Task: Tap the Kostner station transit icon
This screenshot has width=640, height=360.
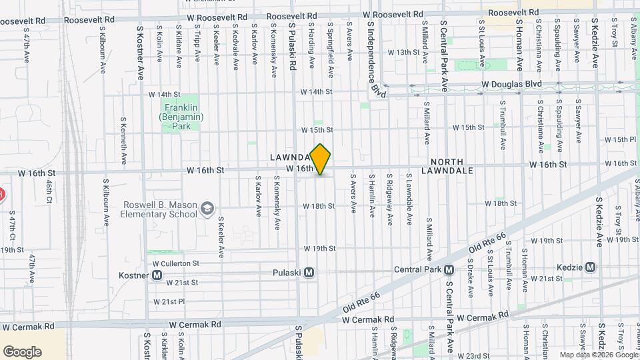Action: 157,275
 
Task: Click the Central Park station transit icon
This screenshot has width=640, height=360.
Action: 449,270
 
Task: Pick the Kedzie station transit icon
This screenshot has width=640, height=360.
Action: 589,267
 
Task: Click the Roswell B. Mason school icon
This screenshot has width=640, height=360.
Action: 207,209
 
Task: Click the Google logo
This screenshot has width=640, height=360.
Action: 22,351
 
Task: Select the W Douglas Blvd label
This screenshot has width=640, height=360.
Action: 512,85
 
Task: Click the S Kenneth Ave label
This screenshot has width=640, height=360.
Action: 123,141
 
